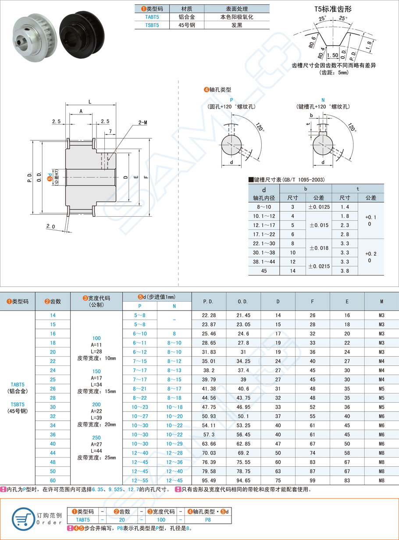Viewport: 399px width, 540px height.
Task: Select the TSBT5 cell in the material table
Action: [x=152, y=25]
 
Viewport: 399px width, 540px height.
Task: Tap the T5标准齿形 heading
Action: [x=333, y=9]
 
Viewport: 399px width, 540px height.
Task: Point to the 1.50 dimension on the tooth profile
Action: [x=332, y=55]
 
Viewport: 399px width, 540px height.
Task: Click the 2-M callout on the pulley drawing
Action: [x=142, y=122]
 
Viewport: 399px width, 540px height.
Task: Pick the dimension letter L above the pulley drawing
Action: [x=90, y=102]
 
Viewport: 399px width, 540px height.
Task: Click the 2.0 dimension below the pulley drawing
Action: [x=50, y=226]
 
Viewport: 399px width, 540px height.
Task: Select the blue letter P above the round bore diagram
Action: [x=232, y=100]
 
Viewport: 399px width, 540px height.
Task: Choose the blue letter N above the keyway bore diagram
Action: [x=323, y=100]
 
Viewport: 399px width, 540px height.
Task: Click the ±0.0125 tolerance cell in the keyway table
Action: [x=319, y=207]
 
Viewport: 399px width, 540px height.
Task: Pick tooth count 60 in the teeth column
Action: [x=53, y=480]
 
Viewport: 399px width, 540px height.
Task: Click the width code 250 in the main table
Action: [x=96, y=437]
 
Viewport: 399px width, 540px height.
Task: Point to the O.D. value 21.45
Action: [x=243, y=315]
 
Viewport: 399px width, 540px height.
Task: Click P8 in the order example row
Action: [x=208, y=520]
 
